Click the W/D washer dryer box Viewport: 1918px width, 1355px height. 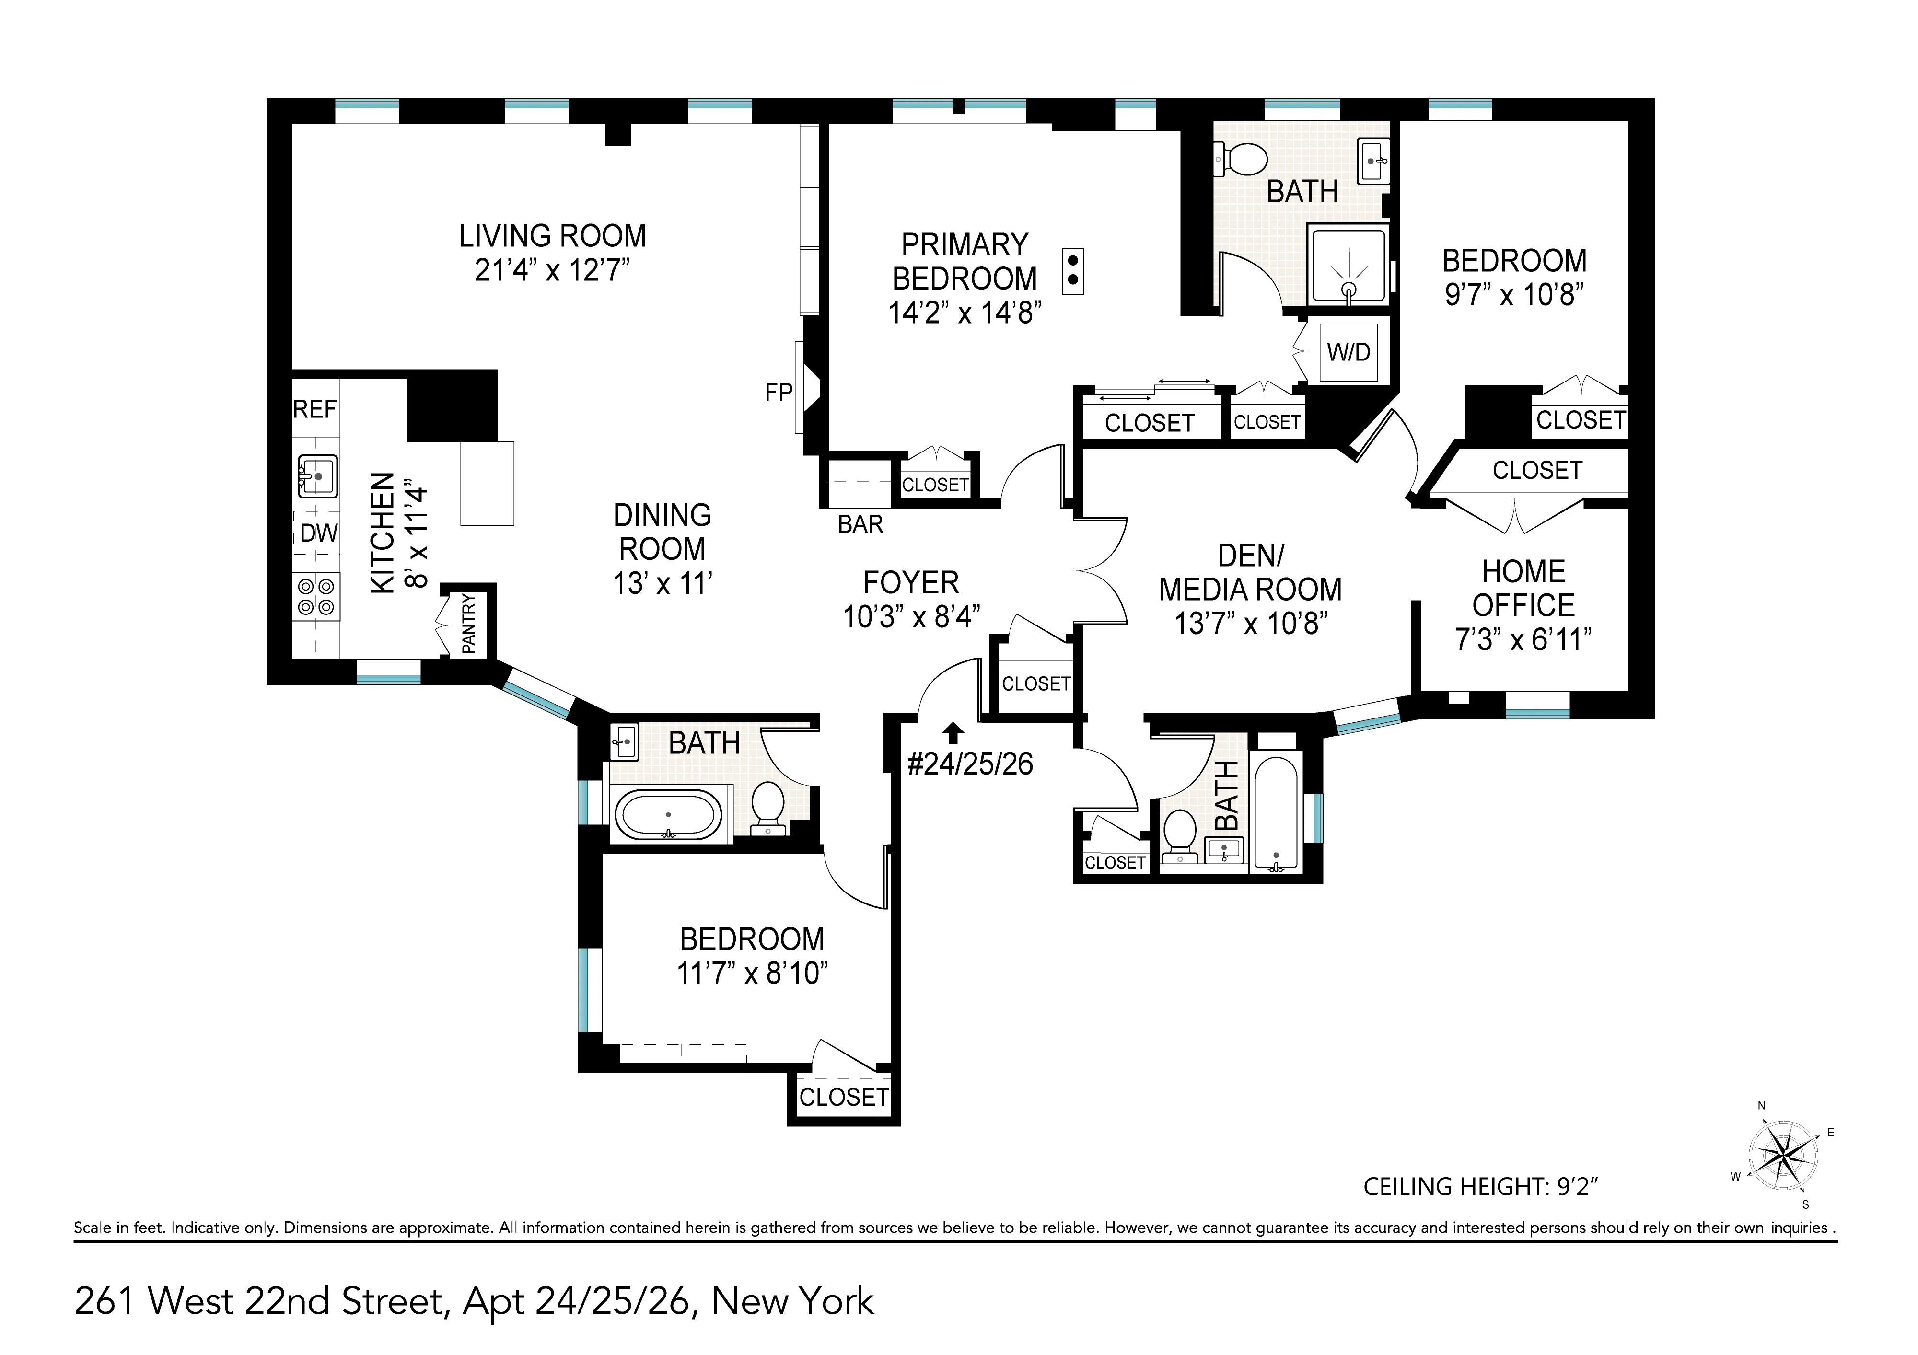[x=1348, y=352]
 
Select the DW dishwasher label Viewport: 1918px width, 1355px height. [x=318, y=533]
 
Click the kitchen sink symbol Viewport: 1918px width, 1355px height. [x=317, y=476]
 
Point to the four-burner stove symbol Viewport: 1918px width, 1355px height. [x=316, y=596]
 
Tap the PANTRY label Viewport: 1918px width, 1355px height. [x=469, y=623]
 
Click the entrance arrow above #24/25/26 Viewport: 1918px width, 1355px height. [x=953, y=733]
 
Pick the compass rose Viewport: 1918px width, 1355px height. [x=1783, y=1157]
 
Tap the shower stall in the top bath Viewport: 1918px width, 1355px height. [x=1348, y=265]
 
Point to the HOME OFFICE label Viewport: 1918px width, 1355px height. [x=1523, y=588]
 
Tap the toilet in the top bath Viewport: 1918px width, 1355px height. [x=1244, y=159]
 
